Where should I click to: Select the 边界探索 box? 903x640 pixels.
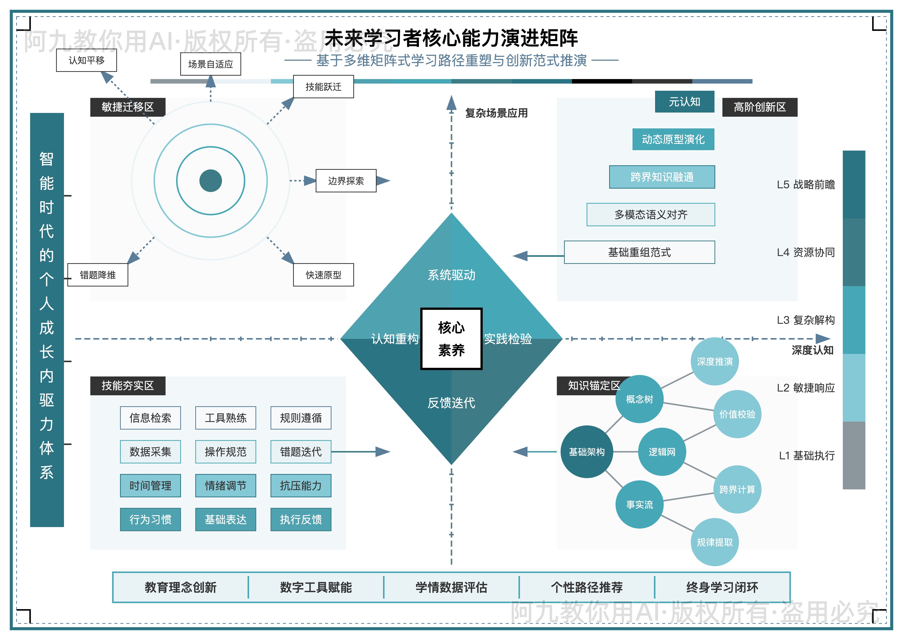tap(346, 181)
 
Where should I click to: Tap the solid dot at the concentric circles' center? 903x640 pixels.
tap(211, 181)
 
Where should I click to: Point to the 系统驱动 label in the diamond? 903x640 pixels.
tap(451, 275)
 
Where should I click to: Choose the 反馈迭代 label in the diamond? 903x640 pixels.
tap(451, 403)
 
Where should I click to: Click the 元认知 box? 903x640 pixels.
tap(684, 102)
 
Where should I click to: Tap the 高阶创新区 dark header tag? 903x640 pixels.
tap(760, 107)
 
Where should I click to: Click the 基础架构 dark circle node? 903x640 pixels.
tap(586, 452)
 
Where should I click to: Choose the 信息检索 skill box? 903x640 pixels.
tap(150, 418)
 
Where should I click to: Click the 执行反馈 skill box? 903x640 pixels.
tap(301, 519)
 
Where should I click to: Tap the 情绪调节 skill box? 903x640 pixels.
tap(226, 485)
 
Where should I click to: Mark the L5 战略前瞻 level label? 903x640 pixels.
tap(806, 184)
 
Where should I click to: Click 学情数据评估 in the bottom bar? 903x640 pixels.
tap(451, 587)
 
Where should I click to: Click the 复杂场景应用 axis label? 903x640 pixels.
tap(496, 113)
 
